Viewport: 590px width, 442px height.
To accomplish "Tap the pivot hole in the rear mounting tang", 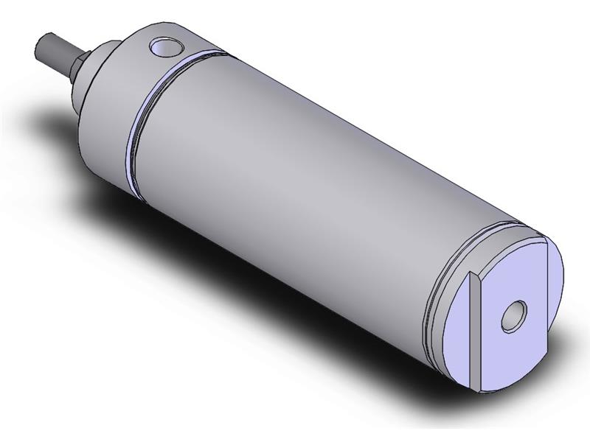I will click(511, 317).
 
